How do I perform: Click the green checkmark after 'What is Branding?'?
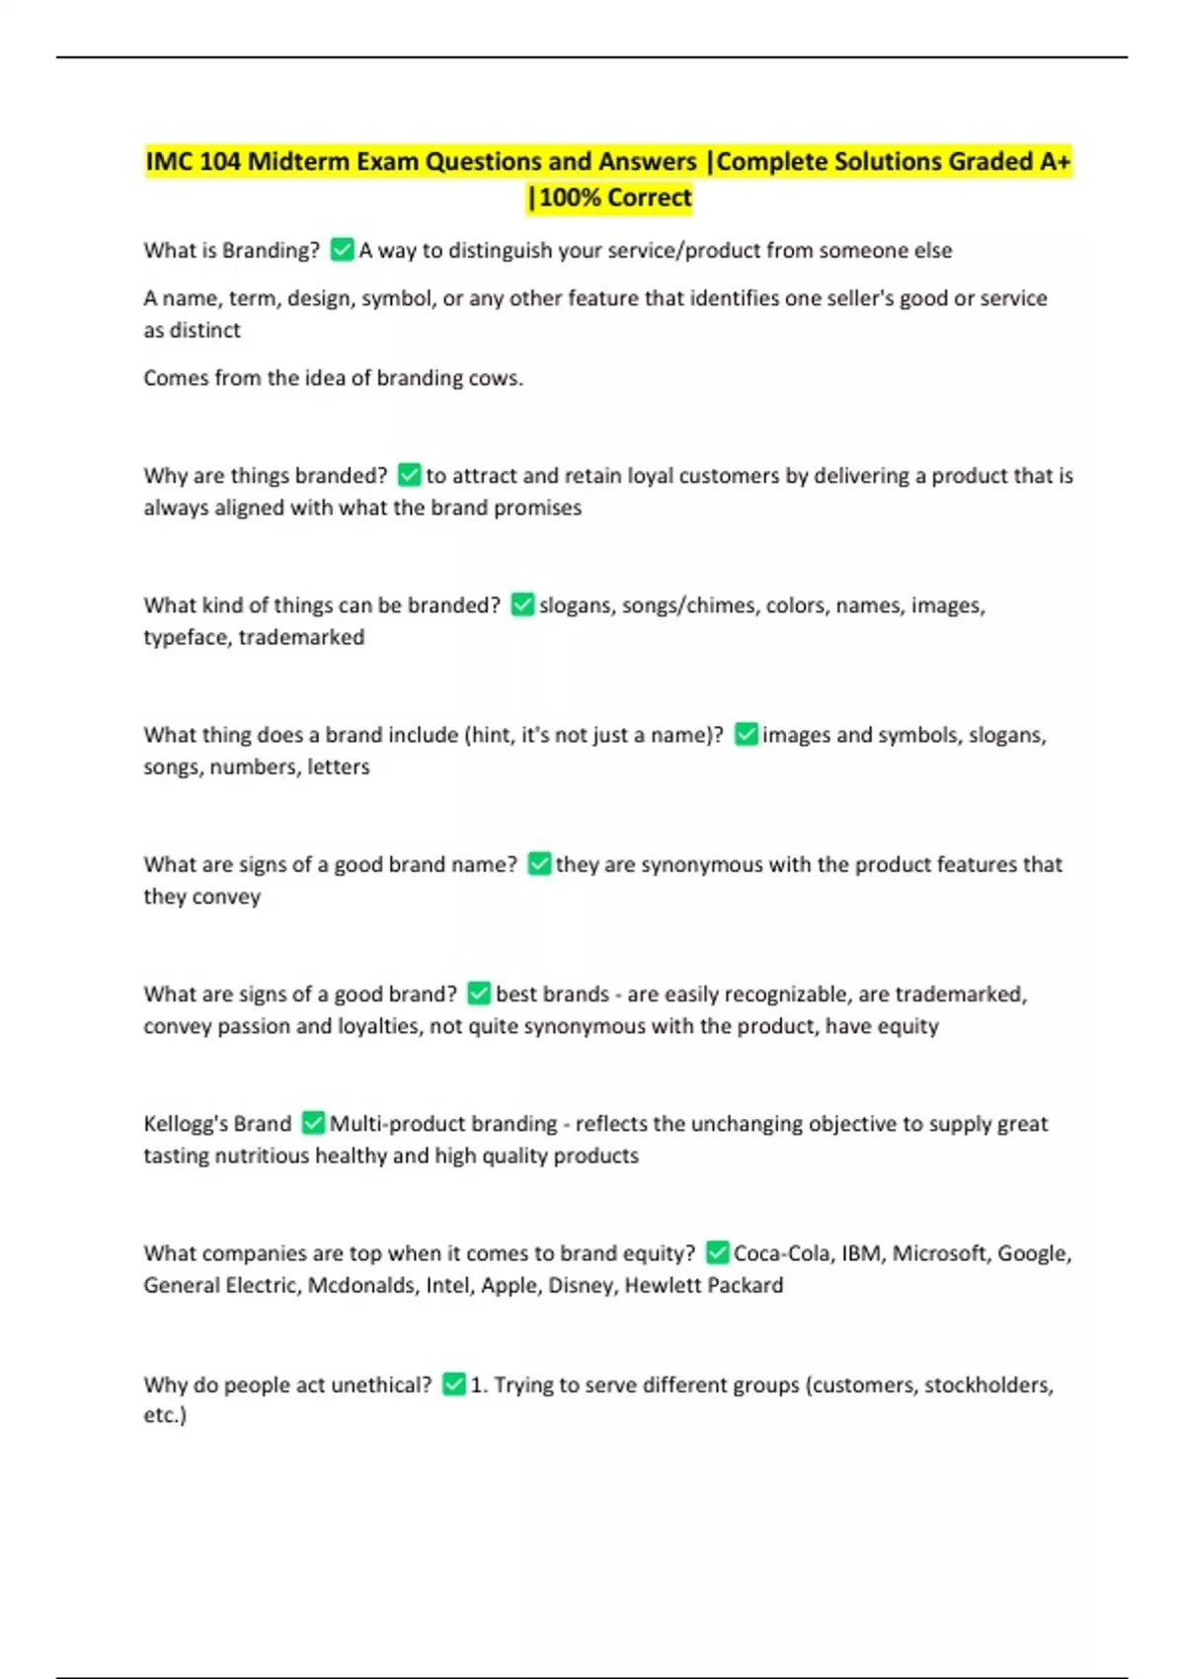tap(342, 250)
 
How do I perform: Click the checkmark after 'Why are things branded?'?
tap(409, 475)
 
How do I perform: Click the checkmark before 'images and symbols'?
tap(747, 735)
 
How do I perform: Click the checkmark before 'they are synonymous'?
tap(539, 864)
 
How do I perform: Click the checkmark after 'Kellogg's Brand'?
tap(313, 1123)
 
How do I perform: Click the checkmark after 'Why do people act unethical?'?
tap(453, 1385)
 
